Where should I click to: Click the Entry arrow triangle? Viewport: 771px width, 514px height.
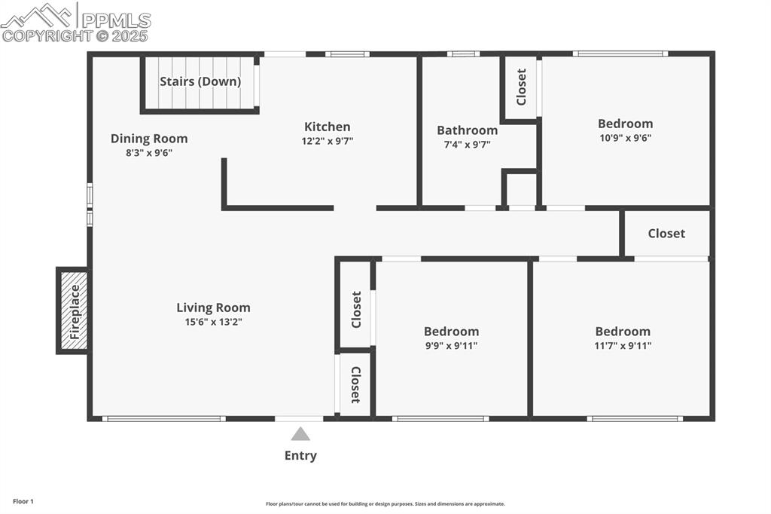tap(300, 433)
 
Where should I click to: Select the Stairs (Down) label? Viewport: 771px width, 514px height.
tap(200, 81)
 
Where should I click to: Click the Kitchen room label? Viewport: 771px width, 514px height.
tap(327, 127)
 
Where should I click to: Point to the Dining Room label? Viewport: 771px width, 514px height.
tap(149, 139)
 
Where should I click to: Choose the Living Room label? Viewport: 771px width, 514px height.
tap(213, 307)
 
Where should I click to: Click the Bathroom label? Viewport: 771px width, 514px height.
tap(467, 130)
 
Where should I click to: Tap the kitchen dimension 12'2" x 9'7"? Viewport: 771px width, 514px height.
tap(327, 140)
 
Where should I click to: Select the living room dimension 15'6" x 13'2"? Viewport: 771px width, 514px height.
tap(213, 322)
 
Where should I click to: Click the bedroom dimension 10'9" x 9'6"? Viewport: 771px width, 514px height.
tap(625, 138)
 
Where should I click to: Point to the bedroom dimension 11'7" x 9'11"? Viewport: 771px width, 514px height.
tap(622, 346)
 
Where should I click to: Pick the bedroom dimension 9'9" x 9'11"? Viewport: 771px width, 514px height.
tap(451, 346)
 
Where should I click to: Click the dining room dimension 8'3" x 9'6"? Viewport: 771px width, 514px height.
tap(149, 152)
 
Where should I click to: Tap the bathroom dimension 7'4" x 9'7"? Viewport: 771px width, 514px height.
tap(467, 144)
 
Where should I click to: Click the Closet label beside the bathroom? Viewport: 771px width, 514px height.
tap(521, 87)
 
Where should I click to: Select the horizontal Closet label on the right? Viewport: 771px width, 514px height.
tap(666, 234)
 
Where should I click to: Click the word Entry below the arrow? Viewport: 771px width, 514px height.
tap(300, 455)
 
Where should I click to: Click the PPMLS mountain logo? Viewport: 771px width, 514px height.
tap(38, 15)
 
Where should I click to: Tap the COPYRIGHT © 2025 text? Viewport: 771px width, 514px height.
tap(75, 35)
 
